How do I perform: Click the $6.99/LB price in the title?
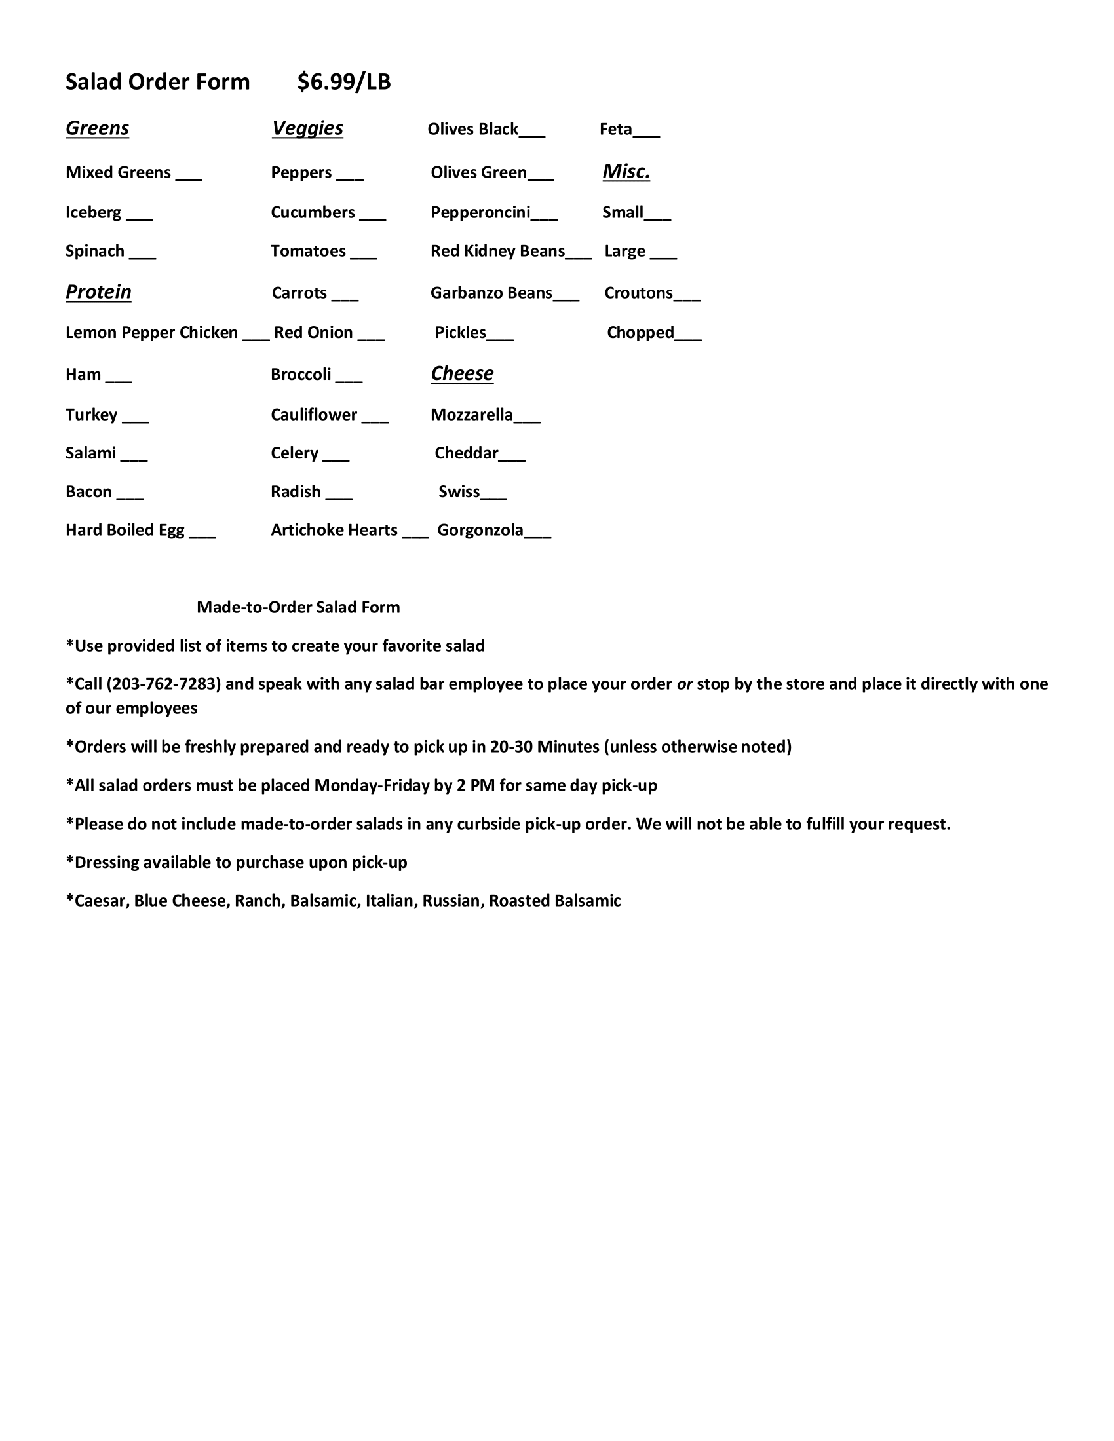tap(343, 82)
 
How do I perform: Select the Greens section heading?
tap(97, 128)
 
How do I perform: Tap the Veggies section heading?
tap(307, 128)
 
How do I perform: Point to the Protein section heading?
tap(98, 291)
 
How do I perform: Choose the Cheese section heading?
tap(462, 373)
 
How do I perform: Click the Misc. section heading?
tap(626, 172)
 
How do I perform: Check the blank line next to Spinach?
tap(143, 257)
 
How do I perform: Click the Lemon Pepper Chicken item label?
tap(151, 333)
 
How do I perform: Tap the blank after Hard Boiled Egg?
tap(202, 536)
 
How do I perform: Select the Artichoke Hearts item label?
tap(334, 531)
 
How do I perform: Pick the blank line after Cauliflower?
tap(375, 421)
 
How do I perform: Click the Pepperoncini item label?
tap(480, 212)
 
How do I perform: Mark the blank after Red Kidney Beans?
tap(579, 257)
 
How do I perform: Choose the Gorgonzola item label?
tap(480, 531)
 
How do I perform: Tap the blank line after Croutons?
tap(687, 299)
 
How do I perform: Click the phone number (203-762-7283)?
tap(164, 684)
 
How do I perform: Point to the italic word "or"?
tap(684, 684)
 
